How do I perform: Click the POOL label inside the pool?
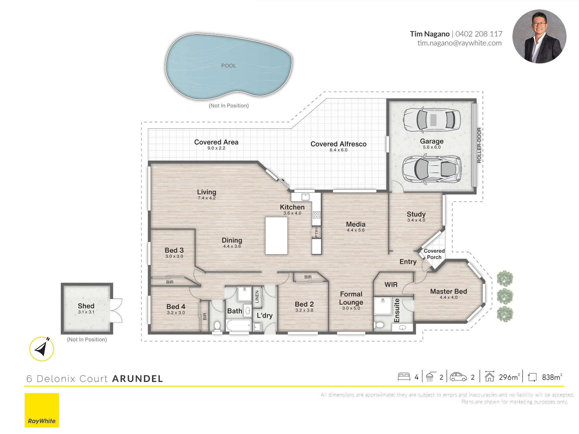coord(229,66)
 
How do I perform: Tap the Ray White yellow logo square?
coord(42,410)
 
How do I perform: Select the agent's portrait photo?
coord(539,36)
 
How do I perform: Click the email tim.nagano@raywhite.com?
coord(459,43)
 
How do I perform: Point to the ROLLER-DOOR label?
coord(479,145)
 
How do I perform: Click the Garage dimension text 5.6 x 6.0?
coord(432,147)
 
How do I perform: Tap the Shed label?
coord(86,306)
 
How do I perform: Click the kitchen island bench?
coord(276,236)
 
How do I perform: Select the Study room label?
coord(416,214)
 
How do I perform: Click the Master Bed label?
coord(448,291)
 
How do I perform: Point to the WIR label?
coord(391,285)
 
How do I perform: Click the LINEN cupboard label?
coord(257,297)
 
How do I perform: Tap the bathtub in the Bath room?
coord(238,325)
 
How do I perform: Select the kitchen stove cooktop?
coord(316,215)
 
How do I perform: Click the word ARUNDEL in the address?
coord(138,379)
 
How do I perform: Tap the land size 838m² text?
coord(552,377)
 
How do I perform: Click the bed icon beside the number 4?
coord(404,377)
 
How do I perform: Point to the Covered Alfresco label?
coord(338,144)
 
